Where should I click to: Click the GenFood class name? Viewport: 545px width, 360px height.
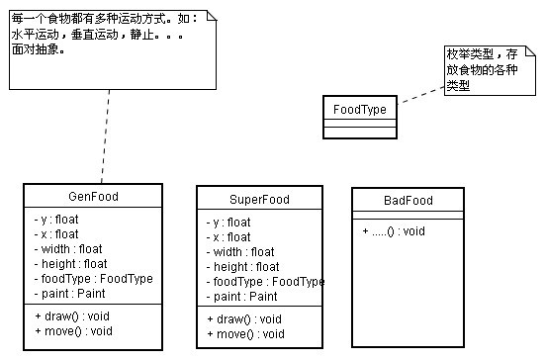tap(94, 196)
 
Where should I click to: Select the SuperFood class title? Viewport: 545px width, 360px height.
tap(260, 199)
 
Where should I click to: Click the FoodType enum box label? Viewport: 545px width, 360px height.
tap(360, 109)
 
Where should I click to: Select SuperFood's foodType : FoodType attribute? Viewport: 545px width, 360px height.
tap(265, 282)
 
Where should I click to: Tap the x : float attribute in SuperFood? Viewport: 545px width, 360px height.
tap(228, 237)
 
